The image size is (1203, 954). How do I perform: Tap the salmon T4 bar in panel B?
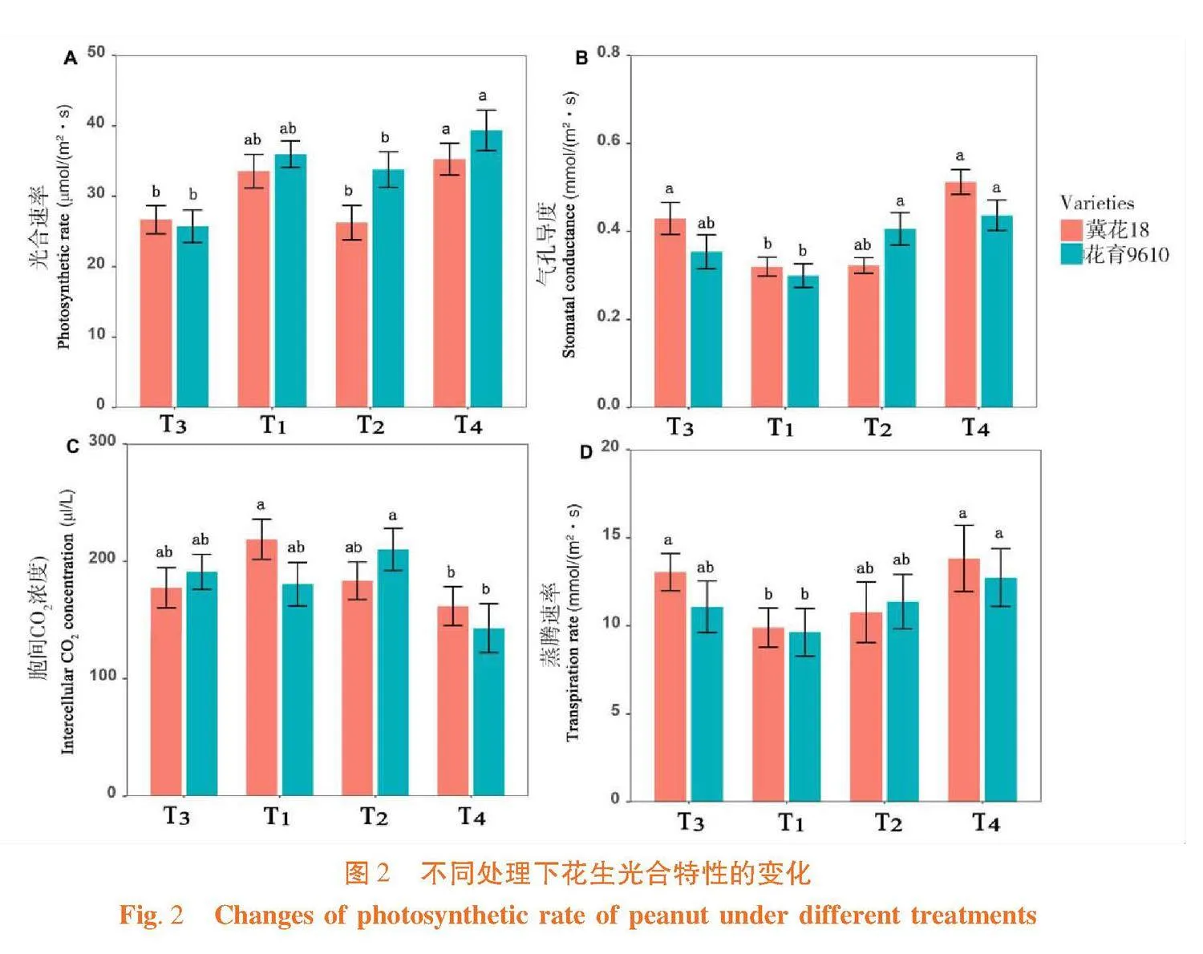click(x=960, y=294)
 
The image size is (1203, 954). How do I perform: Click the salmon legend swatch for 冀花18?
click(x=1071, y=230)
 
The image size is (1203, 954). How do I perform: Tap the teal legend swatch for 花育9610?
click(x=1071, y=255)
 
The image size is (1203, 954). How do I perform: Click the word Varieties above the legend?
click(x=1096, y=203)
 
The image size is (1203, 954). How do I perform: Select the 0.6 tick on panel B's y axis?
click(x=609, y=141)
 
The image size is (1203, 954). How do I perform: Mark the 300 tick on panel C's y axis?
click(x=102, y=441)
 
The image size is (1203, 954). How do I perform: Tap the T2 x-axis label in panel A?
click(x=371, y=424)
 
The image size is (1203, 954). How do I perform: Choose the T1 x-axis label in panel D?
click(x=790, y=823)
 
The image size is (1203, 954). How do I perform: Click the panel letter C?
click(x=73, y=447)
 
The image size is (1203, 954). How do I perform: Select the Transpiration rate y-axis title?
click(x=573, y=623)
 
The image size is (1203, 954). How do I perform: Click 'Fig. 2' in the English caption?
click(x=152, y=915)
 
